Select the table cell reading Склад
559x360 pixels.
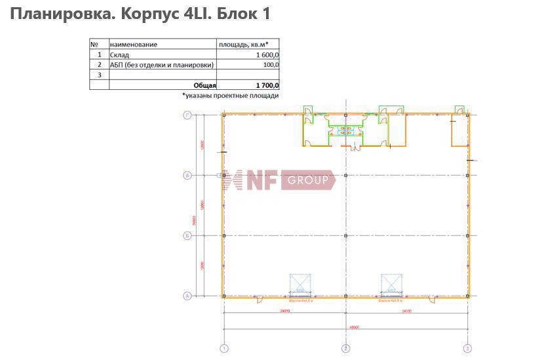[120, 55]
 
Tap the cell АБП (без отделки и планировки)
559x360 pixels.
[162, 65]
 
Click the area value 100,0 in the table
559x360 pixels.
[271, 65]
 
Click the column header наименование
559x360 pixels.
[134, 45]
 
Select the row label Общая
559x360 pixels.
[204, 85]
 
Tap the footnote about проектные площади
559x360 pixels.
[231, 96]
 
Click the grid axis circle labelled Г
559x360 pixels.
[187, 115]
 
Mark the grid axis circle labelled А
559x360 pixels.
[187, 296]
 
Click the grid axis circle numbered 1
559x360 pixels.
[224, 348]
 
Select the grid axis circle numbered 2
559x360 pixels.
[345, 348]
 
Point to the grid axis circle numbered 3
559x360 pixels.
[467, 348]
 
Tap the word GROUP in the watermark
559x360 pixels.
[307, 180]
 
